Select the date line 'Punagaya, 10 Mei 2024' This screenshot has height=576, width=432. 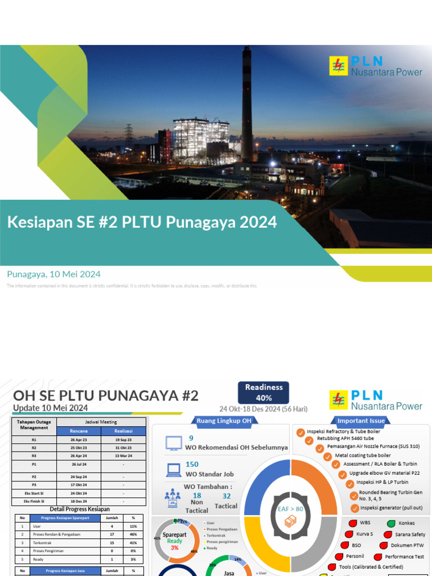pyautogui.click(x=54, y=274)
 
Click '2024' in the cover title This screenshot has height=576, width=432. pyautogui.click(x=258, y=222)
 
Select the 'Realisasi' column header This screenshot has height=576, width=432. pyautogui.click(x=123, y=430)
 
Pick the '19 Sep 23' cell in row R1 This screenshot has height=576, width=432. pyautogui.click(x=123, y=440)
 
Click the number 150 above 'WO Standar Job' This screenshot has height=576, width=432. pyautogui.click(x=192, y=465)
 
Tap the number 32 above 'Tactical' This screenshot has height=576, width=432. pyautogui.click(x=227, y=496)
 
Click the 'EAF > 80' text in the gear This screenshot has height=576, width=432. pyautogui.click(x=291, y=508)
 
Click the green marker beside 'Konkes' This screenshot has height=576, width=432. pyautogui.click(x=391, y=523)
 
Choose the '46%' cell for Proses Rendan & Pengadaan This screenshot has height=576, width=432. pyautogui.click(x=133, y=533)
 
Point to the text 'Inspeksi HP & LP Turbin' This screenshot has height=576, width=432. pyautogui.click(x=382, y=482)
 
